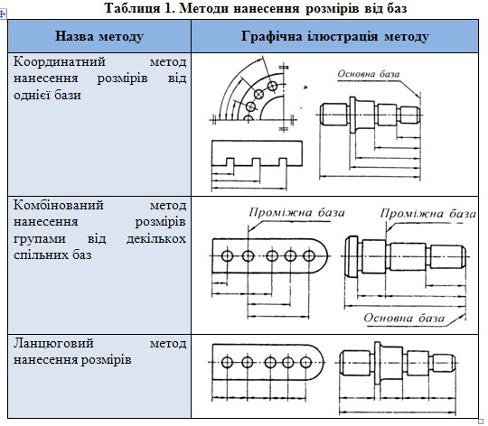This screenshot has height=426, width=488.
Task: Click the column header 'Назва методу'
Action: point(99,36)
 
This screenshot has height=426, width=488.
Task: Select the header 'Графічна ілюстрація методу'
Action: point(335,36)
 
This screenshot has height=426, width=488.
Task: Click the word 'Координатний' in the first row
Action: point(60,61)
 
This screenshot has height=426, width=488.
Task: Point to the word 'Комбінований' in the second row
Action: point(59,205)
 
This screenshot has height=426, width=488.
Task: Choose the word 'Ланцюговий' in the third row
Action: point(53,344)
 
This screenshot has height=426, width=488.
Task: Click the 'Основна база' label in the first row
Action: point(369,74)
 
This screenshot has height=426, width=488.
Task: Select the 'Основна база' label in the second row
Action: point(404,319)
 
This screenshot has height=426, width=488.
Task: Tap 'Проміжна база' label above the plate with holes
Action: point(297,212)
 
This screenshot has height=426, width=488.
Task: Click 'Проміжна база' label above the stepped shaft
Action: point(428,214)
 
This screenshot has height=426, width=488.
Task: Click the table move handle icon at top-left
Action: point(3,14)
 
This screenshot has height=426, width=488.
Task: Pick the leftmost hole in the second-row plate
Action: point(227,256)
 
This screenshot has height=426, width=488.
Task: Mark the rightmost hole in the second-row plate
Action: point(309,256)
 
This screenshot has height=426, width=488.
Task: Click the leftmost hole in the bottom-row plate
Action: point(227,362)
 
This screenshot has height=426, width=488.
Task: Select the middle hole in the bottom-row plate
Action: point(270,362)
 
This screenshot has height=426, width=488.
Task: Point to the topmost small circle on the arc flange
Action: point(272,86)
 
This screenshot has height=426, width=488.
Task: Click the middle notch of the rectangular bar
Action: point(256,162)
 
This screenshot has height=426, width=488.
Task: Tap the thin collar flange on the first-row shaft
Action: point(352,115)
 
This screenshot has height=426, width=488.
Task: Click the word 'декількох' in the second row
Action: point(156,239)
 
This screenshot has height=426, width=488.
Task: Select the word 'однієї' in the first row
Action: point(31,95)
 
